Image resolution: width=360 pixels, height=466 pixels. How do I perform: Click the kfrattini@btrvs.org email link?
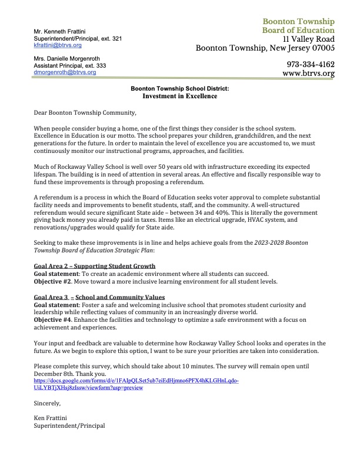[58, 45]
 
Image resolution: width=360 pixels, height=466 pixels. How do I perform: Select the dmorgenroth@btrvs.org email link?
[64, 72]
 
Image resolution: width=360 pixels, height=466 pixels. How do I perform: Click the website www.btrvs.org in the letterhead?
[308, 74]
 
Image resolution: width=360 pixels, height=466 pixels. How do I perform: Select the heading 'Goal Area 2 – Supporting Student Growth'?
[94, 266]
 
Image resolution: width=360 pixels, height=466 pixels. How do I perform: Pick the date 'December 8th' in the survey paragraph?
[57, 374]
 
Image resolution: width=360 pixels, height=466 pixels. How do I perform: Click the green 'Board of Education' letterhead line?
[298, 31]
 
